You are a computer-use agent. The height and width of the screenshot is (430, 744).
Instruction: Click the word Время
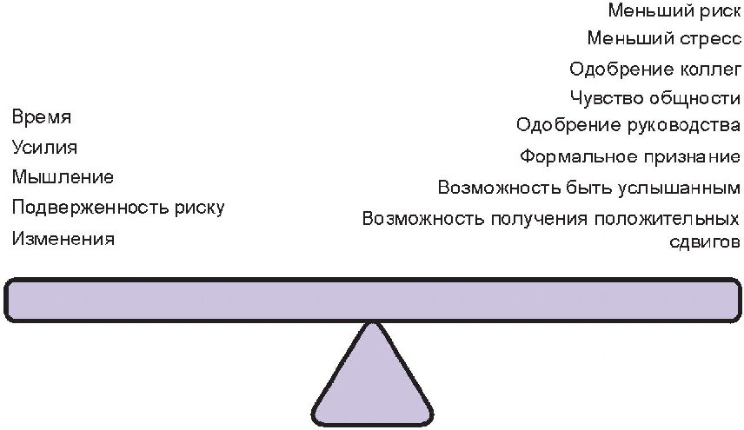[x=42, y=117]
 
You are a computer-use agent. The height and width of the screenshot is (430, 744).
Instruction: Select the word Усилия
[x=44, y=148]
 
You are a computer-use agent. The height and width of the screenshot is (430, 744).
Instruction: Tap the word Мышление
[x=63, y=178]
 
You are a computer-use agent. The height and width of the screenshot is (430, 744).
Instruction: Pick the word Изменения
[x=63, y=239]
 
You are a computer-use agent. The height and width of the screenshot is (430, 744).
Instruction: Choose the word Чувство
[x=601, y=97]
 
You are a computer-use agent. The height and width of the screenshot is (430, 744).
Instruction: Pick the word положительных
[x=661, y=218]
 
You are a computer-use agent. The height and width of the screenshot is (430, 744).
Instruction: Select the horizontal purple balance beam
[x=372, y=300]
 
